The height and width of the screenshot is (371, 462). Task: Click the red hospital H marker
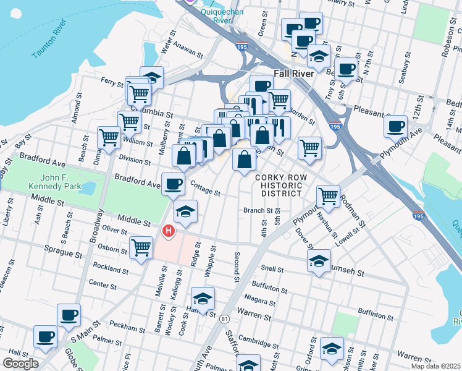click(x=167, y=231)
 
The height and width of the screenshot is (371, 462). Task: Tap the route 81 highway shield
click(x=223, y=318)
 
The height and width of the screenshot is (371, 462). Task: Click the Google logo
click(x=20, y=364)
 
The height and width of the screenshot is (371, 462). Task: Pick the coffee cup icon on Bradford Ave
click(x=173, y=182)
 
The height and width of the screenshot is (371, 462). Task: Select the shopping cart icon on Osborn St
click(x=141, y=248)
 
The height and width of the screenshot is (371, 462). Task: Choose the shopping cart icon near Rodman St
click(x=328, y=196)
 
